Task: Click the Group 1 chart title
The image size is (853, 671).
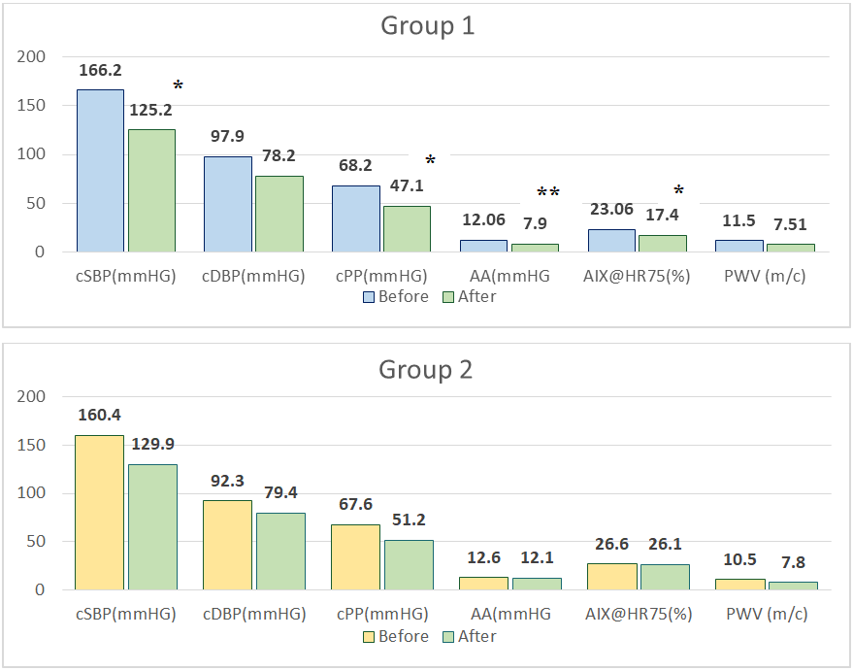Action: pos(427,26)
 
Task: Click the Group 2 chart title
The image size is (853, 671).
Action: pos(427,370)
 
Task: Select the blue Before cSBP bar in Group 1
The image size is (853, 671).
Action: pos(100,171)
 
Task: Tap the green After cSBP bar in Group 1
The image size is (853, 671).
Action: pos(151,190)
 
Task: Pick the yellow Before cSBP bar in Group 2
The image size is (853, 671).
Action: pos(100,512)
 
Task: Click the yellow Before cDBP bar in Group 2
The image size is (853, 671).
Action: pos(227,545)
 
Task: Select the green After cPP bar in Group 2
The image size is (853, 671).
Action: pos(408,564)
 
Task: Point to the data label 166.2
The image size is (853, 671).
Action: pos(100,71)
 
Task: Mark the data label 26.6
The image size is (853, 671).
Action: pos(612,544)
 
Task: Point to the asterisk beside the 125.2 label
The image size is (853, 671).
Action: pos(178,87)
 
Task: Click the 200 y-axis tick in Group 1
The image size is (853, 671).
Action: pos(32,57)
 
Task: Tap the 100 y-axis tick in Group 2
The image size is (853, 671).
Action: pos(32,493)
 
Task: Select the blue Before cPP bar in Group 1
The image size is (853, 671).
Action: pos(355,218)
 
